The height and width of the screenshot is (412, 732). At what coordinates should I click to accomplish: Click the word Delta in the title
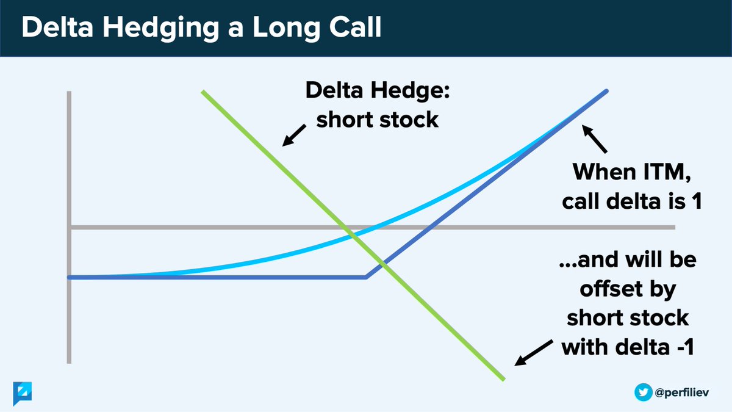pyautogui.click(x=57, y=29)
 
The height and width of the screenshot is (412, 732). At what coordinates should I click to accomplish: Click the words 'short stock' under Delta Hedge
pyautogui.click(x=377, y=119)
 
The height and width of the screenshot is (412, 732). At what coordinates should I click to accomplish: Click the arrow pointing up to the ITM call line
pyautogui.click(x=595, y=138)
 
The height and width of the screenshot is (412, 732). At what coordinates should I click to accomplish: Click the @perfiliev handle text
pyautogui.click(x=686, y=392)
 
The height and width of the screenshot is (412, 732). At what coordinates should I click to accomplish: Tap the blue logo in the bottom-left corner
pyautogui.click(x=23, y=392)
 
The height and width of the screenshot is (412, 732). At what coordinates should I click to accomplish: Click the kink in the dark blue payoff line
pyautogui.click(x=366, y=277)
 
